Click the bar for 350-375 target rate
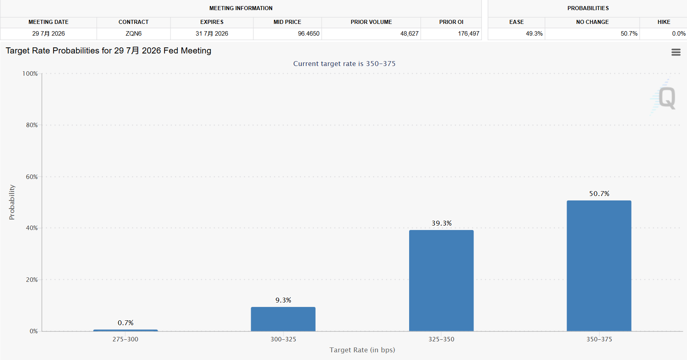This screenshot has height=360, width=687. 599,266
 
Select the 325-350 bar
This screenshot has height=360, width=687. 441,281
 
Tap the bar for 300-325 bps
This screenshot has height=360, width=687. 283,319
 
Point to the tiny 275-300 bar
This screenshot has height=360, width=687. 126,330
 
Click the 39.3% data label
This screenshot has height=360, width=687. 442,223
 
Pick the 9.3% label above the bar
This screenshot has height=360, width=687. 283,300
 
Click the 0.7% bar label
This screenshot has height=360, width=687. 126,323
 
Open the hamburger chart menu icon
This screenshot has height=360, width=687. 676,52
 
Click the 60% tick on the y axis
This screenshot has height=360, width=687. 32,177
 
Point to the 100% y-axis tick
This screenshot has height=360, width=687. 30,74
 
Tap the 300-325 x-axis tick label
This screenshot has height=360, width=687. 283,339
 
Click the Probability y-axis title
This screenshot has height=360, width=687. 12,202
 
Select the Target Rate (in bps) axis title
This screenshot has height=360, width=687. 362,350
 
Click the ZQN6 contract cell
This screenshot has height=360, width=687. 134,34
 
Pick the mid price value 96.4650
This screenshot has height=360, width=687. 309,34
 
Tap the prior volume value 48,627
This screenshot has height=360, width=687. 409,34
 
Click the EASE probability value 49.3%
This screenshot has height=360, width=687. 534,34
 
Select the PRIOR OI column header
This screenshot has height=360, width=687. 451,22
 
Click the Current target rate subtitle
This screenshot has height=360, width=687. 344,64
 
